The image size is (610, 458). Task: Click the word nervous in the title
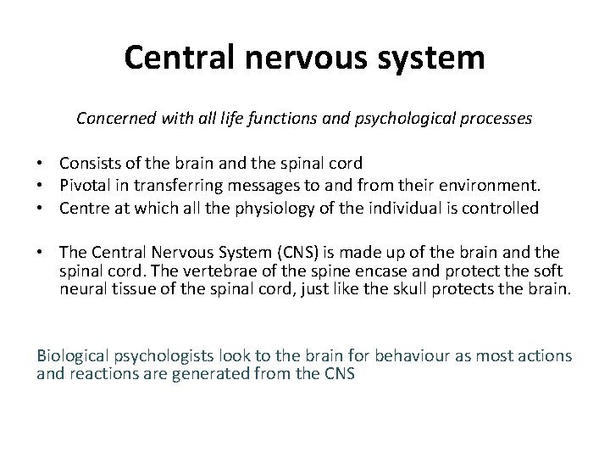click(287, 58)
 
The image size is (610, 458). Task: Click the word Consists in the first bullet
click(87, 163)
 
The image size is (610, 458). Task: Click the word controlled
click(503, 209)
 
